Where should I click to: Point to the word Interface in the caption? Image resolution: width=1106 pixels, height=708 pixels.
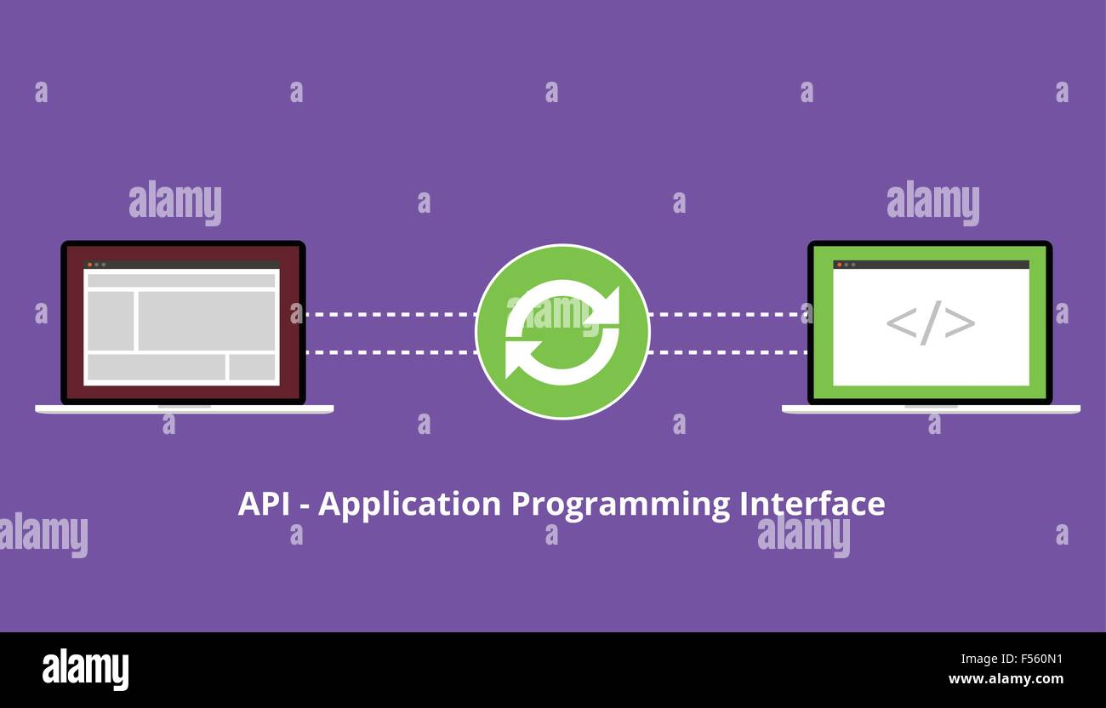click(x=812, y=505)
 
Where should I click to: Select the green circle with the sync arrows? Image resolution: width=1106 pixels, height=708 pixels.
click(x=562, y=332)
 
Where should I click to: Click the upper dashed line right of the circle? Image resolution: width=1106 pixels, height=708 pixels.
click(x=728, y=314)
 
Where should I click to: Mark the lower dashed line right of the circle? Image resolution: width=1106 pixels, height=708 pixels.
click(x=728, y=351)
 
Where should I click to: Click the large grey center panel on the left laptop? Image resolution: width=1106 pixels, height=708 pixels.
click(x=207, y=321)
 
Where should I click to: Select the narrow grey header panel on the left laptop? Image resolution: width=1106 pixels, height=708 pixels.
click(x=181, y=280)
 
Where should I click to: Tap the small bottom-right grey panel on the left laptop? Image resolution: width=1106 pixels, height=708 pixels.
click(x=252, y=368)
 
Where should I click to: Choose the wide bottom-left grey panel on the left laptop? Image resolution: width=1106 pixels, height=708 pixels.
click(x=156, y=368)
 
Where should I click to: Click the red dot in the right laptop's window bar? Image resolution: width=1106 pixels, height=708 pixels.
click(x=839, y=265)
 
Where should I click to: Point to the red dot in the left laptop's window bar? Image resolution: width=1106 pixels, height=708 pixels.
click(x=89, y=265)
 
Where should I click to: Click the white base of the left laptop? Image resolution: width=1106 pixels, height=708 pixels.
click(x=184, y=409)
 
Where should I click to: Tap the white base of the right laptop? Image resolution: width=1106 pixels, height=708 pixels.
click(x=931, y=409)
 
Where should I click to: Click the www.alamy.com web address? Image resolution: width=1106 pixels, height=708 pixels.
click(x=1006, y=679)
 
